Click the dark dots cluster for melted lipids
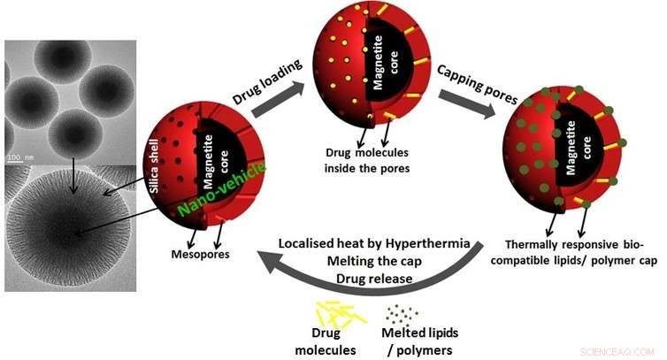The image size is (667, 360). (406, 313)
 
